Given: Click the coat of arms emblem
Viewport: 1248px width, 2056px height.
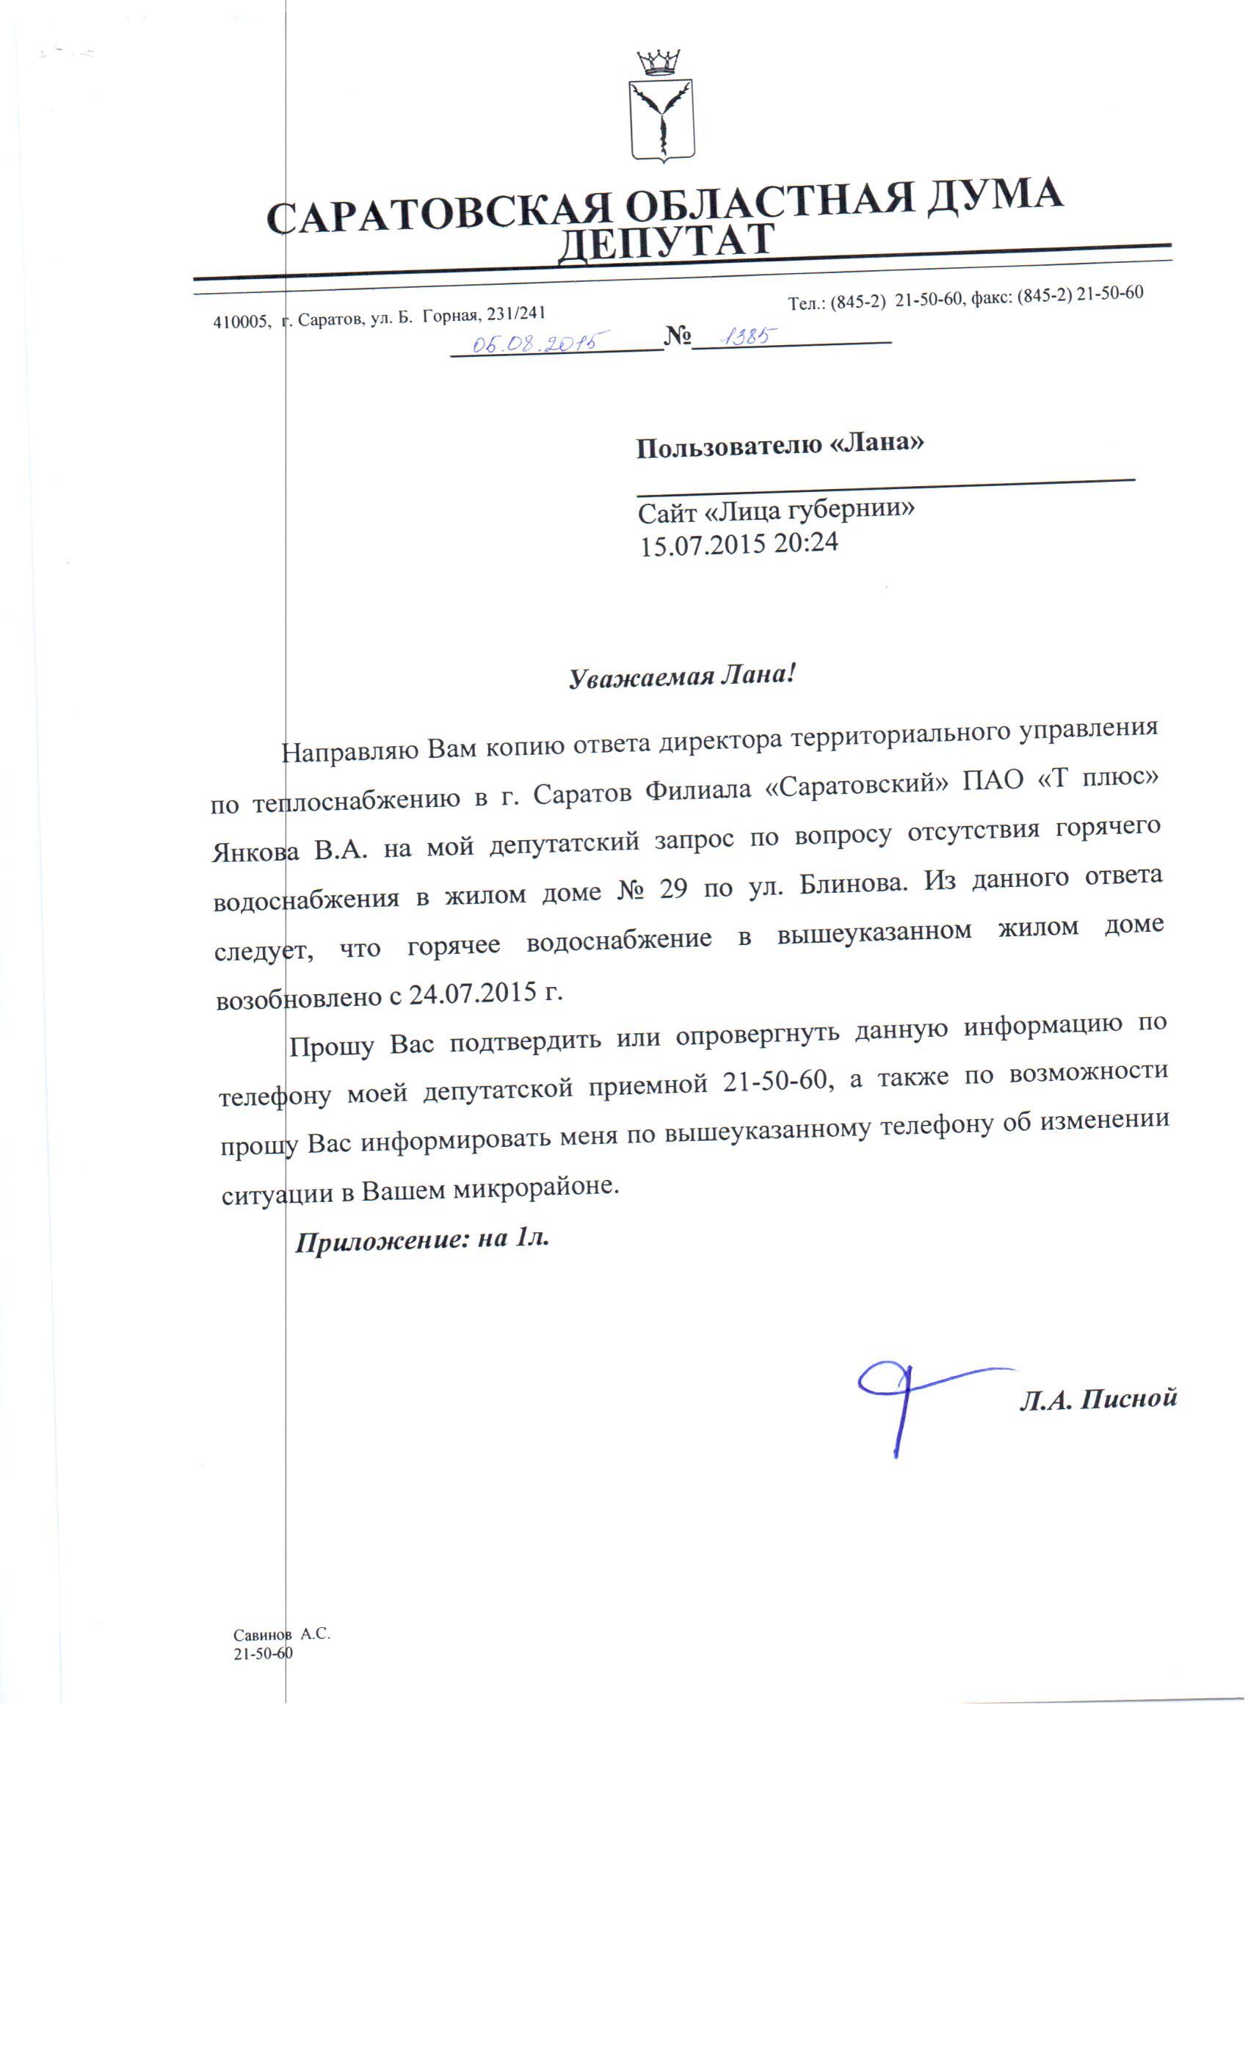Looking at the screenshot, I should pyautogui.click(x=662, y=118).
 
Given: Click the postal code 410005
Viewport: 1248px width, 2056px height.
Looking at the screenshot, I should pyautogui.click(x=241, y=322).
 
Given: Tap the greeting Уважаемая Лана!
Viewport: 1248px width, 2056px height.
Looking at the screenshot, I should pyautogui.click(x=681, y=676).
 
